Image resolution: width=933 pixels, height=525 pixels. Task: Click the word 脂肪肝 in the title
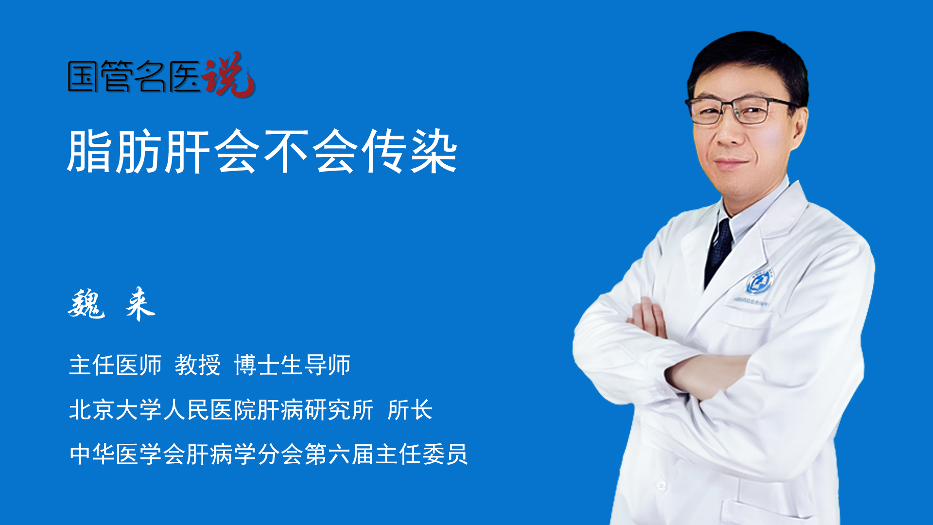point(139,152)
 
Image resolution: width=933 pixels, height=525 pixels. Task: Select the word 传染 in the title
point(410,152)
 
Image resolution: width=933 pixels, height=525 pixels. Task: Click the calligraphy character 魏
point(86,304)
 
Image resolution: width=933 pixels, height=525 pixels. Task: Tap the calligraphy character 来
point(140,304)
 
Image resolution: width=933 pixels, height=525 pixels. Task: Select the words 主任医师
point(115,365)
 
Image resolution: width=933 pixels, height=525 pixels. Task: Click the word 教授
point(198,365)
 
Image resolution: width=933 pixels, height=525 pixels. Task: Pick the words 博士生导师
point(292,365)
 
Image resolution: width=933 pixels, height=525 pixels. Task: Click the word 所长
point(410,410)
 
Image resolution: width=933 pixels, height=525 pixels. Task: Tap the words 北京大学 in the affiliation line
point(115,410)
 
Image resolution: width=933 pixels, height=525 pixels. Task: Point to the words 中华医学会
point(127,455)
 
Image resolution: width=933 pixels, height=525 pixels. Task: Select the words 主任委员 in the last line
point(422,455)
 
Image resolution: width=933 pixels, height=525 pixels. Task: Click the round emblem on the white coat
point(760,280)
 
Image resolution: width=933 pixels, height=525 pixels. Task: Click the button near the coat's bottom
point(661,485)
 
